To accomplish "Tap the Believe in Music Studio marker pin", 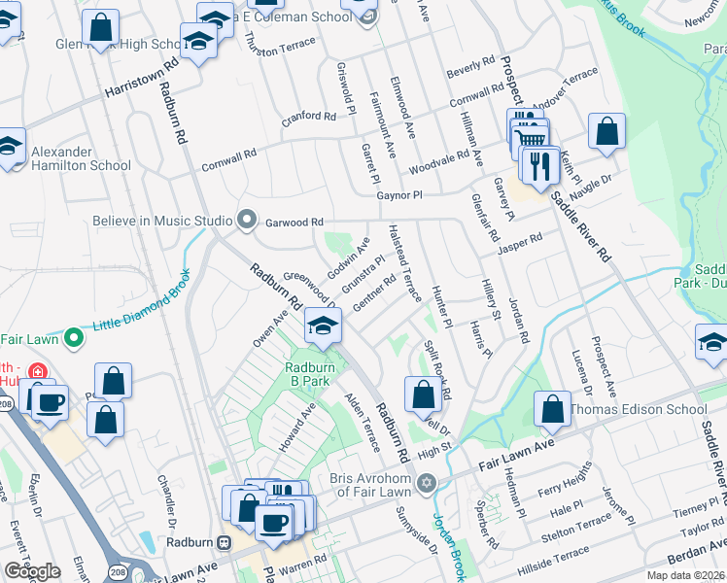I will (247, 221).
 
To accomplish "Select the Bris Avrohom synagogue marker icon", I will (425, 483).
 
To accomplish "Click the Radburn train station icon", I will (225, 542).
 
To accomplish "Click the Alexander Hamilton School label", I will (80, 158).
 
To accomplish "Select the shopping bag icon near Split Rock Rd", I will (423, 394).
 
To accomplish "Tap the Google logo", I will (32, 571).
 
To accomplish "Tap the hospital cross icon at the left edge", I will (37, 372).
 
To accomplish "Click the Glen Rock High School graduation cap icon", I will (198, 41).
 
